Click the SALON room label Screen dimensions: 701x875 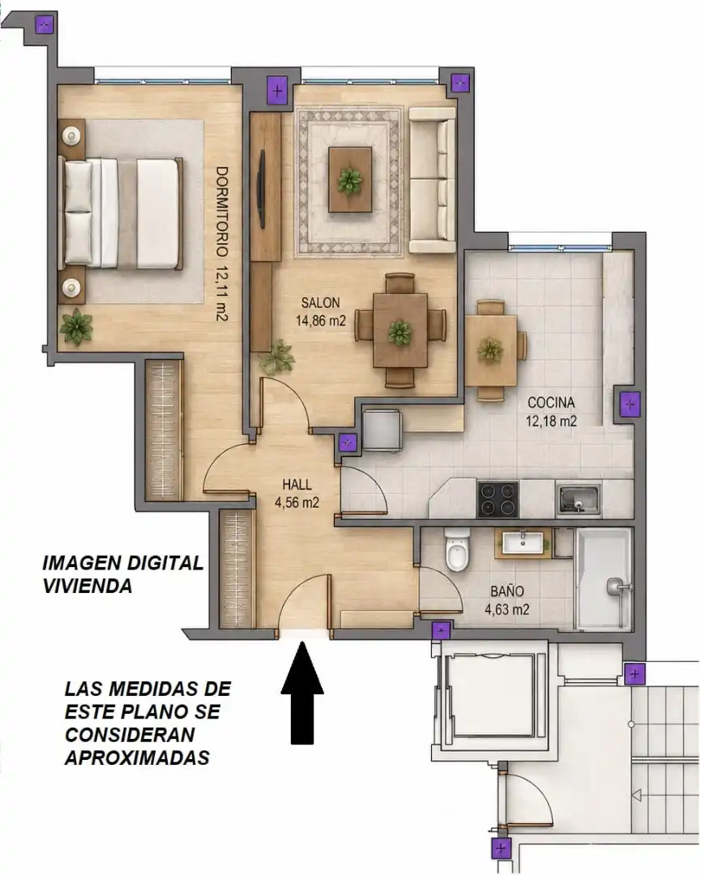[x=320, y=302]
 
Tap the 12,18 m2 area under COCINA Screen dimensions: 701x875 [x=551, y=420]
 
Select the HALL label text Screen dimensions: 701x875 [x=297, y=484]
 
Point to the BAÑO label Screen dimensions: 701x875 [x=507, y=591]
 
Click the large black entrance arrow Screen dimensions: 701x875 [x=302, y=693]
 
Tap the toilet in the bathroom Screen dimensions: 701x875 [x=457, y=551]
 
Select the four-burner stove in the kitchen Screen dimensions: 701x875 [x=498, y=499]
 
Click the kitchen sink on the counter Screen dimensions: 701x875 [x=579, y=499]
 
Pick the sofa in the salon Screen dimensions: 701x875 [x=433, y=180]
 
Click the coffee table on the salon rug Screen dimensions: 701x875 [x=350, y=180]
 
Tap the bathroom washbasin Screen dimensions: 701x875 [x=523, y=542]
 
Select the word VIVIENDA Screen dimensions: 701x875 [x=88, y=586]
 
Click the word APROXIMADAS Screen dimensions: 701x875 [x=137, y=758]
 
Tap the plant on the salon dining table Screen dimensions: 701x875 [x=400, y=332]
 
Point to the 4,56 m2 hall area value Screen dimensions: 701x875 [x=297, y=502]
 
